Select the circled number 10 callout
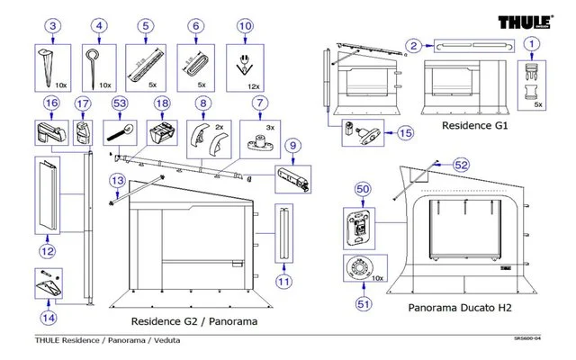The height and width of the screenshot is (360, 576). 244,27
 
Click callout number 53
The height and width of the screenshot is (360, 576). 119,104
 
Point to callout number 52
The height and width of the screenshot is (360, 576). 461,166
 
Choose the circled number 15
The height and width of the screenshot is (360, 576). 404,132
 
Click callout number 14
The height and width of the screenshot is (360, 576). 49,317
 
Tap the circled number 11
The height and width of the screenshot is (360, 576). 284,281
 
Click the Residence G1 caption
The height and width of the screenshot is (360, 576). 476,128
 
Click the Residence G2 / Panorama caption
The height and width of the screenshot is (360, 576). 194,321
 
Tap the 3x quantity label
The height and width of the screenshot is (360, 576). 269,129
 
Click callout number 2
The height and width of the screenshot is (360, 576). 413,44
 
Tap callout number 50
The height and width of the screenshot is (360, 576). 364,189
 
